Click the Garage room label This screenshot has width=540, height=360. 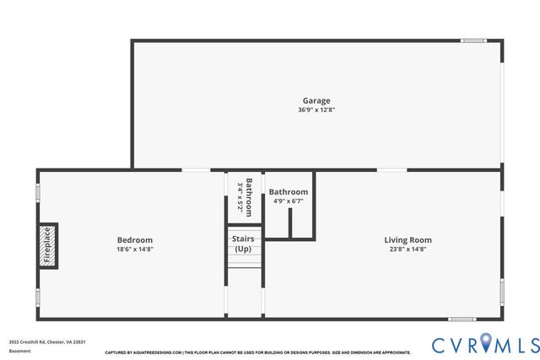pyautogui.click(x=316, y=101)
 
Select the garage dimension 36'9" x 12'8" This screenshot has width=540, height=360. pyautogui.click(x=316, y=110)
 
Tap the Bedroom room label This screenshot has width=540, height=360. pyautogui.click(x=134, y=240)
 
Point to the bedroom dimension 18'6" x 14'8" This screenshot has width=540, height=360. pyautogui.click(x=134, y=249)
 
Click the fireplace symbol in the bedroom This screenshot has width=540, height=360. pyautogui.click(x=48, y=245)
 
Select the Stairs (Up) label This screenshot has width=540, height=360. pyautogui.click(x=243, y=244)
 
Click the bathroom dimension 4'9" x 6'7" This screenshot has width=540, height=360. pyautogui.click(x=289, y=201)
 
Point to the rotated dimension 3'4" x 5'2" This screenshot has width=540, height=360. pyautogui.click(x=240, y=196)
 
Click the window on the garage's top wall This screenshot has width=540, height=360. pyautogui.click(x=473, y=40)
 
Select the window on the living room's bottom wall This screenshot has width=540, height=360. pyautogui.click(x=462, y=319)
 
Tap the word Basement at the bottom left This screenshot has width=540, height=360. pyautogui.click(x=19, y=350)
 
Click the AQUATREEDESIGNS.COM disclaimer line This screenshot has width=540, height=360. pyautogui.click(x=257, y=352)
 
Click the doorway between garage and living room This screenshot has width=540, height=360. pyautogui.click(x=391, y=170)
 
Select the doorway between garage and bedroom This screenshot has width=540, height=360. pyautogui.click(x=196, y=170)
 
